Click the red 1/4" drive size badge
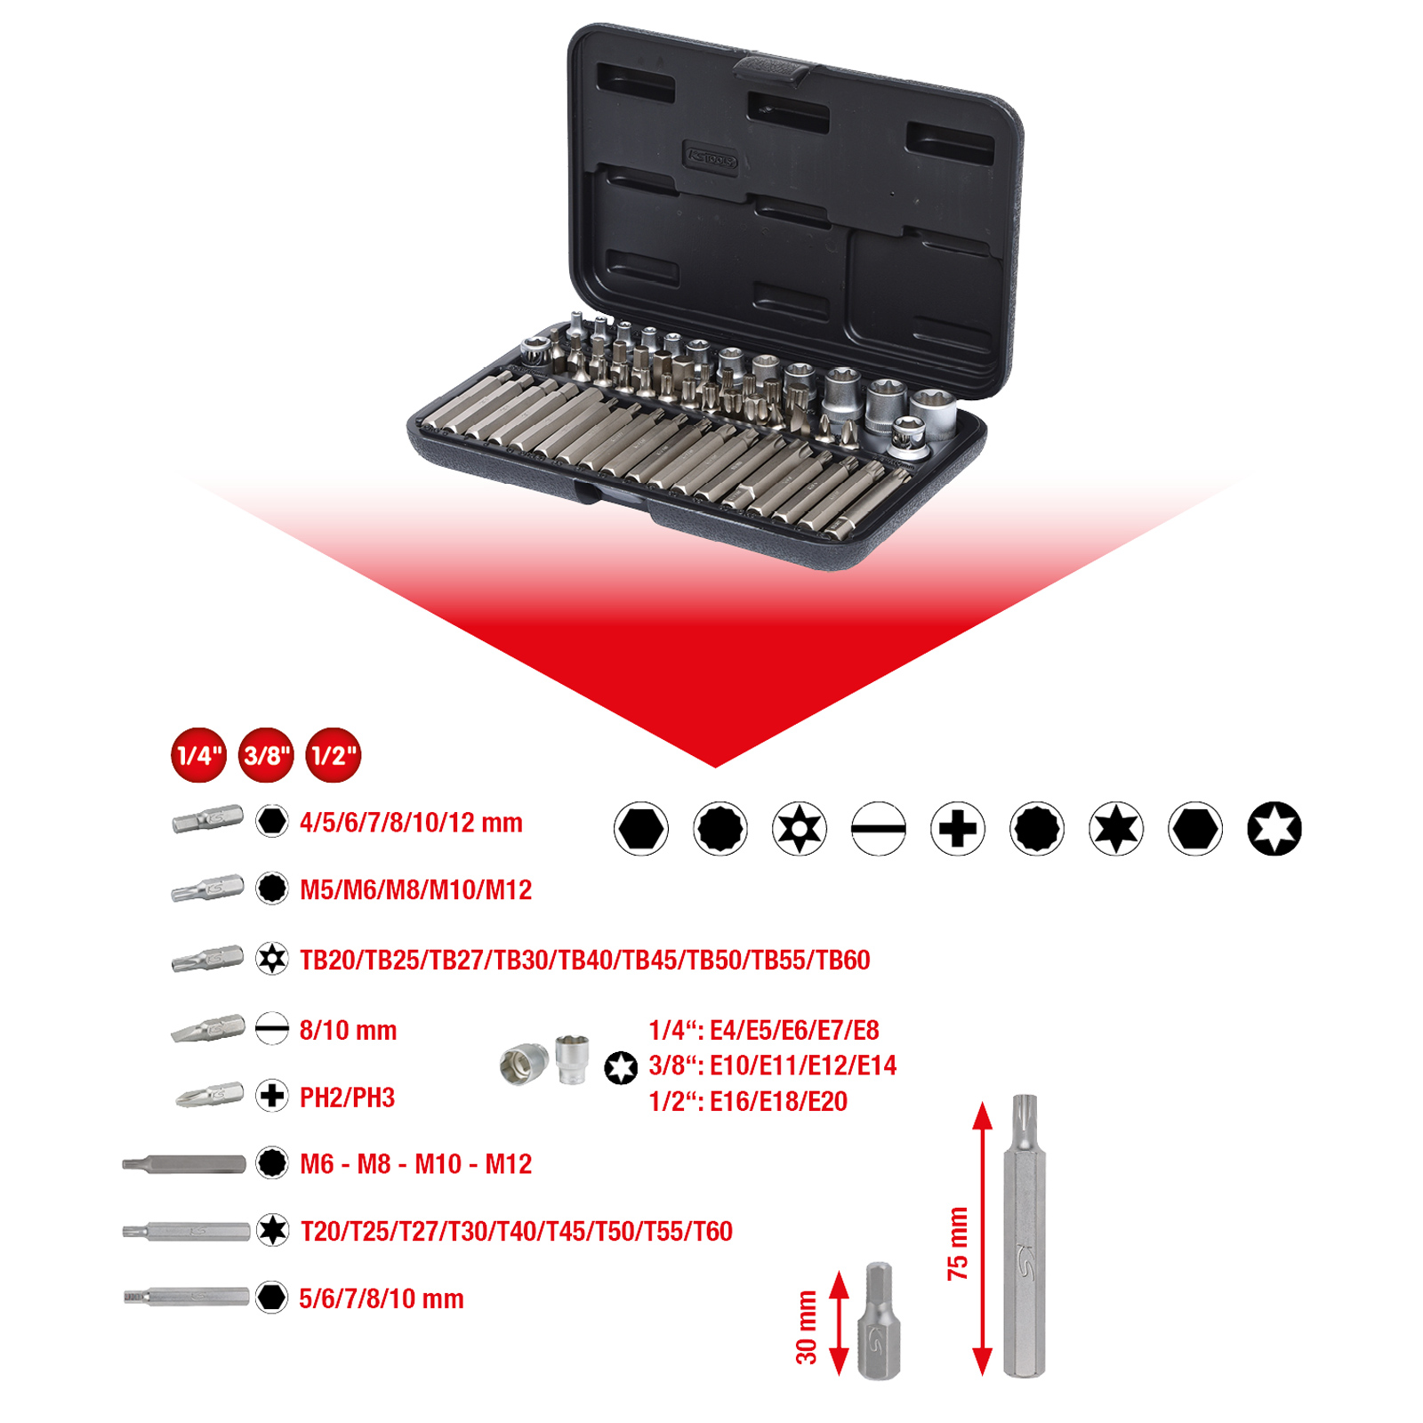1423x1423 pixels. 198,756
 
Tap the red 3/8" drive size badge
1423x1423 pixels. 266,756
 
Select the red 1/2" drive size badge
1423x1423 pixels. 334,756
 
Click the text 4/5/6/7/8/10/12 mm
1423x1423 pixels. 411,823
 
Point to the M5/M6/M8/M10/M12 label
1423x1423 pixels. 415,889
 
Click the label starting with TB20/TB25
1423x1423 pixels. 584,961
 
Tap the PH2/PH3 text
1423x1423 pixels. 347,1097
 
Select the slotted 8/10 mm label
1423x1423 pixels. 348,1031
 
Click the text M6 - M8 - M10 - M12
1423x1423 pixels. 415,1164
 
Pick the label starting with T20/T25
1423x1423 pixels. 516,1232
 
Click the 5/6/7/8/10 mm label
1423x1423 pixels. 381,1298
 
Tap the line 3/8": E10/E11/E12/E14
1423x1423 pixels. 772,1065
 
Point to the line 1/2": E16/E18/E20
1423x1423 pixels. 747,1102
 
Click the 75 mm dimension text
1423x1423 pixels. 958,1243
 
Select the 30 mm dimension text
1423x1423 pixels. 806,1327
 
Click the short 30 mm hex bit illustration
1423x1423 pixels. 879,1322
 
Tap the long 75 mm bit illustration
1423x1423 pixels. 1025,1236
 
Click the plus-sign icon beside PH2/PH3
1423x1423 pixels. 272,1096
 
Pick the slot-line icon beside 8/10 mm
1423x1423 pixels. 272,1029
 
